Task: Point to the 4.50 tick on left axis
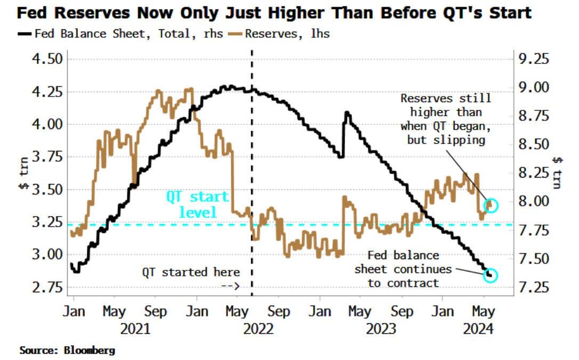(46, 58)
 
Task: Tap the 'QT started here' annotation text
(191, 273)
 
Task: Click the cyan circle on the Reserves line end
(491, 205)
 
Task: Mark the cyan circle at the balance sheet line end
(491, 275)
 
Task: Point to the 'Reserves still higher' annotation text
(446, 119)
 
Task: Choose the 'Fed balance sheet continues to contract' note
(404, 269)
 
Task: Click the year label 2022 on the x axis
(258, 328)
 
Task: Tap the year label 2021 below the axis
(135, 328)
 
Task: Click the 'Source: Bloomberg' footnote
(67, 350)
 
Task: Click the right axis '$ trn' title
(557, 172)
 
